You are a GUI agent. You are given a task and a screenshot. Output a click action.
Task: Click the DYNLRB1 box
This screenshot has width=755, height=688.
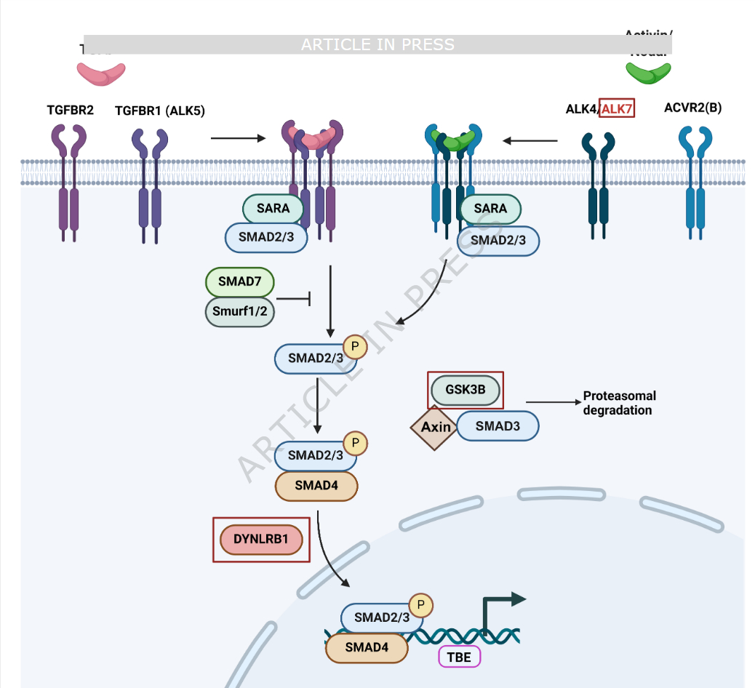pyautogui.click(x=261, y=539)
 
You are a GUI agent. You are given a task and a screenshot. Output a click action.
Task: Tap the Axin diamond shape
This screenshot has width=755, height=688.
pyautogui.click(x=436, y=427)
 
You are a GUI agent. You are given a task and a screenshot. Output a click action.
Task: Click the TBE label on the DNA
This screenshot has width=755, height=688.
pyautogui.click(x=460, y=657)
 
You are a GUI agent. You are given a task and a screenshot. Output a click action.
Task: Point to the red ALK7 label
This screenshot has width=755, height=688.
pyautogui.click(x=617, y=109)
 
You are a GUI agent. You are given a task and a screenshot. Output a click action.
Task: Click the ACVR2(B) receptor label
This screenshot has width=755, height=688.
pyautogui.click(x=692, y=108)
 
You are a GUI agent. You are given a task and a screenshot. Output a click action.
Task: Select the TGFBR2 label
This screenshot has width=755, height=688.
pyautogui.click(x=70, y=111)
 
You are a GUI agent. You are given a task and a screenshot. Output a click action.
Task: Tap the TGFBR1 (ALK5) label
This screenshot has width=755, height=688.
pyautogui.click(x=160, y=111)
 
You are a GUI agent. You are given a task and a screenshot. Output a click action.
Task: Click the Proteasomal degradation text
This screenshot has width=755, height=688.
pyautogui.click(x=619, y=403)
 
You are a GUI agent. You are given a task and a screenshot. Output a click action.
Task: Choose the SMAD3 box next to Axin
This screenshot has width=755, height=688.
pyautogui.click(x=498, y=426)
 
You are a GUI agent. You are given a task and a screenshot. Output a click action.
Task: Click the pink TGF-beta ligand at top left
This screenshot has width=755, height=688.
pyautogui.click(x=101, y=74)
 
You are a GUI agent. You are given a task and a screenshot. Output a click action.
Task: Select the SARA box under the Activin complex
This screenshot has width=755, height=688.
pyautogui.click(x=490, y=209)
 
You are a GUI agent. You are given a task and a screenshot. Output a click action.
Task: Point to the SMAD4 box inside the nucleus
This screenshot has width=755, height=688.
pyautogui.click(x=366, y=647)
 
